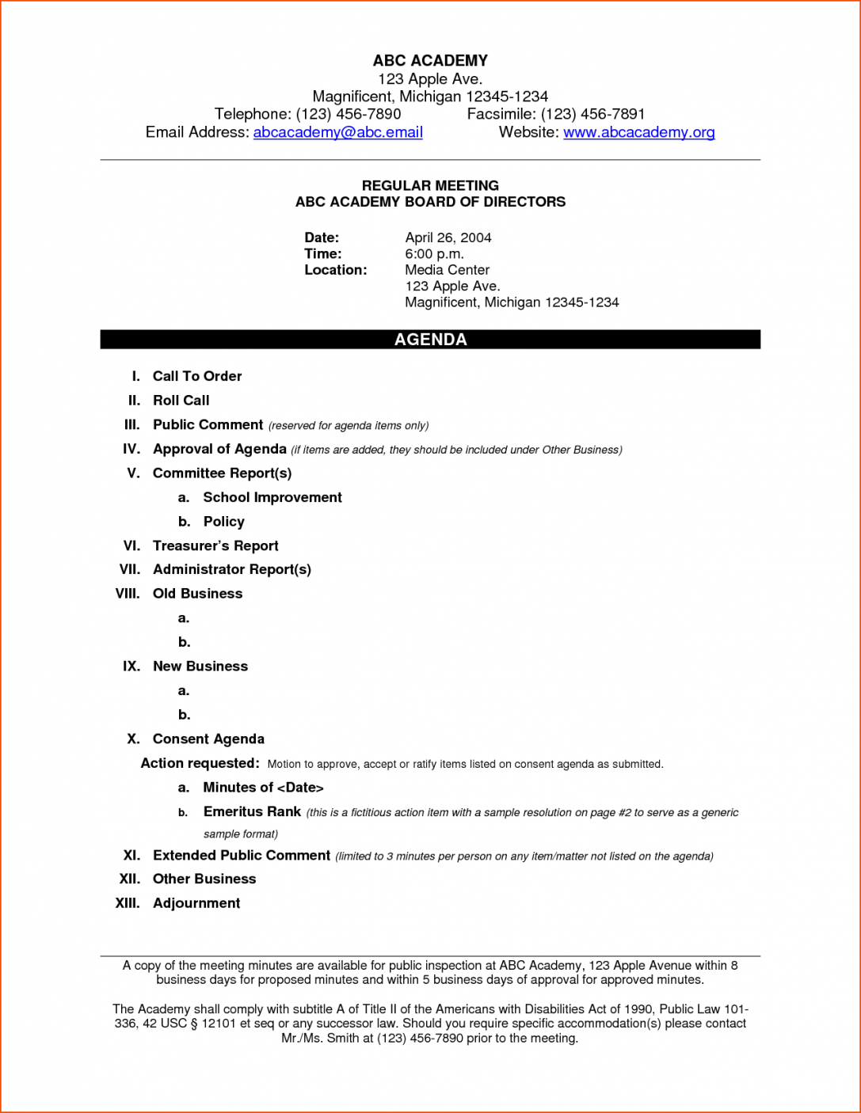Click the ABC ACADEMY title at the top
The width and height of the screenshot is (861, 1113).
tap(430, 61)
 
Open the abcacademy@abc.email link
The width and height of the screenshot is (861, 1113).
tap(337, 132)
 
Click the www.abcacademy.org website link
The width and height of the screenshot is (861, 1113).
tap(638, 132)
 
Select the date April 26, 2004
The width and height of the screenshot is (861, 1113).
tap(448, 237)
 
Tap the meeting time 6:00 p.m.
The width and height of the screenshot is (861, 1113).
tap(434, 254)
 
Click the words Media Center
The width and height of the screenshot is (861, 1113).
tap(447, 270)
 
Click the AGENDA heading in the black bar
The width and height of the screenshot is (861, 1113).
tap(430, 340)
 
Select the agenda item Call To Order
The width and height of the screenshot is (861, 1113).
tap(197, 376)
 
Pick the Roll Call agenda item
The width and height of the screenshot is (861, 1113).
tap(181, 401)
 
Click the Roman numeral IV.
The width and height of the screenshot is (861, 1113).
tap(131, 449)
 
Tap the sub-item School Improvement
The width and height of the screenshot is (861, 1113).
tap(272, 497)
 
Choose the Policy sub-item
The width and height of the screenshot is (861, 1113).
tap(223, 522)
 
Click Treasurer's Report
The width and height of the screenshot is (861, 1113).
tap(215, 545)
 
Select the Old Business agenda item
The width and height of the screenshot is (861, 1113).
tap(197, 594)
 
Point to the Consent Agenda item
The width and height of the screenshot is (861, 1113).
tap(208, 739)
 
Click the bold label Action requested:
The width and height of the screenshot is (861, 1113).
tap(200, 763)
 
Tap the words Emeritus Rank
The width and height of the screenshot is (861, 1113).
tap(252, 811)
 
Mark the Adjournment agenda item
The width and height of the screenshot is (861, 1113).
tap(196, 903)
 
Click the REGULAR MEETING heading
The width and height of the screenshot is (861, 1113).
tap(430, 185)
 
